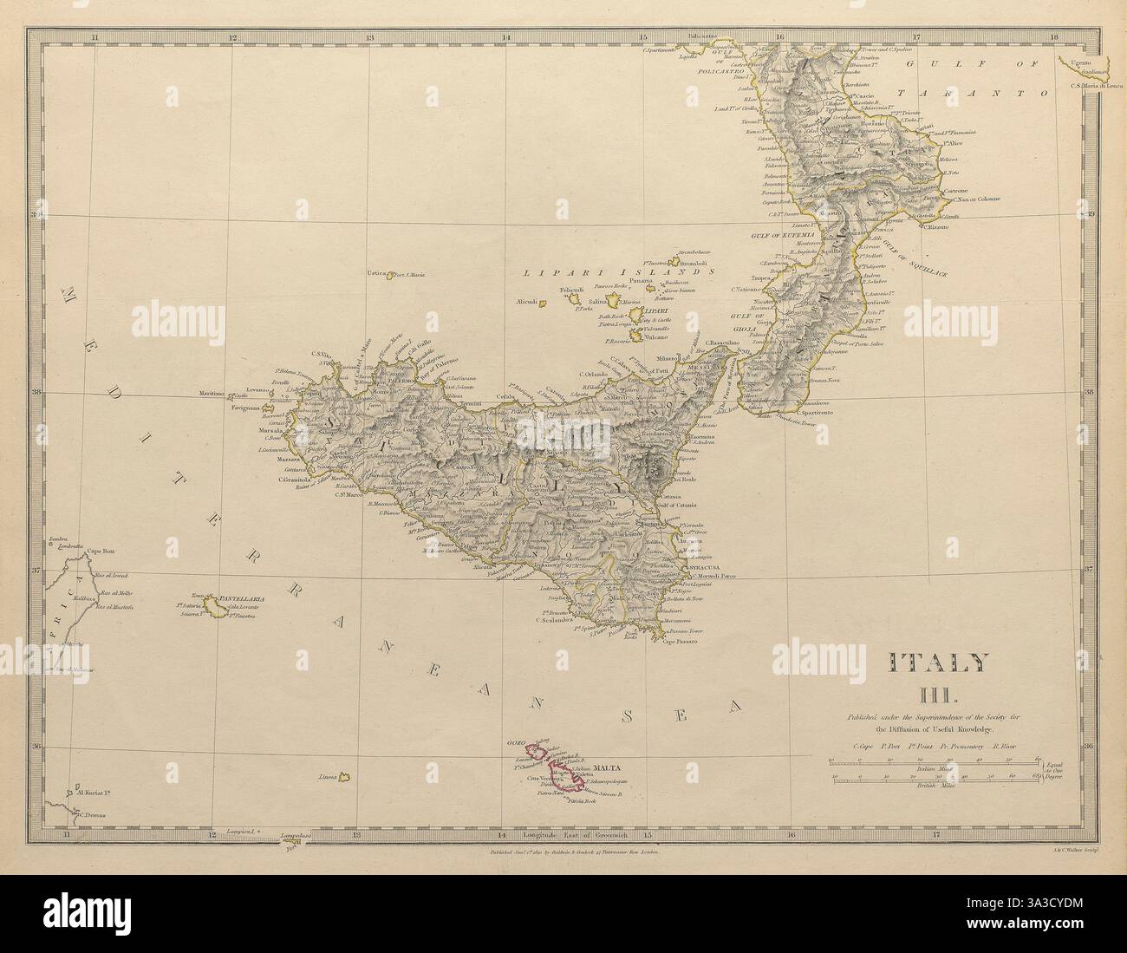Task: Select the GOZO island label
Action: click(516, 745)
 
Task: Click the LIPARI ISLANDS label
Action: click(619, 271)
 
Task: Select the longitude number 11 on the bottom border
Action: click(66, 836)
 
